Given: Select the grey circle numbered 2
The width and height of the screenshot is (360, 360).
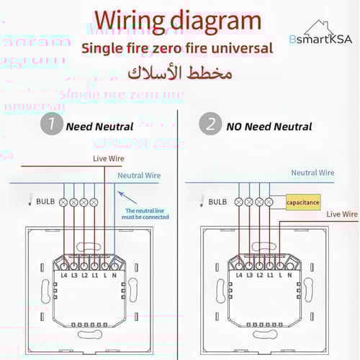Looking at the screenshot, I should (210, 125).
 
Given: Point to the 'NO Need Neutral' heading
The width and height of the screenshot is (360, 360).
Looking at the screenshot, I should (269, 126).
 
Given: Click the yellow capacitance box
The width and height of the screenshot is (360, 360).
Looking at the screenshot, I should (302, 203).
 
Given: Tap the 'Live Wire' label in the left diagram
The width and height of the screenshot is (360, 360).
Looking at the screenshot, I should (108, 158).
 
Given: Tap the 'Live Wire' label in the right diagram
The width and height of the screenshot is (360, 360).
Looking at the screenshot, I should (342, 214).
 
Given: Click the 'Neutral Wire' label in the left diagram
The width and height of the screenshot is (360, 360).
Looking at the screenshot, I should (138, 175).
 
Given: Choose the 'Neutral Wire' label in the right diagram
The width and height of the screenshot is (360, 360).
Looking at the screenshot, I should (312, 172).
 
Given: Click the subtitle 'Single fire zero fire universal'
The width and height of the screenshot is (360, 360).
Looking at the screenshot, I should (177, 49).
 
